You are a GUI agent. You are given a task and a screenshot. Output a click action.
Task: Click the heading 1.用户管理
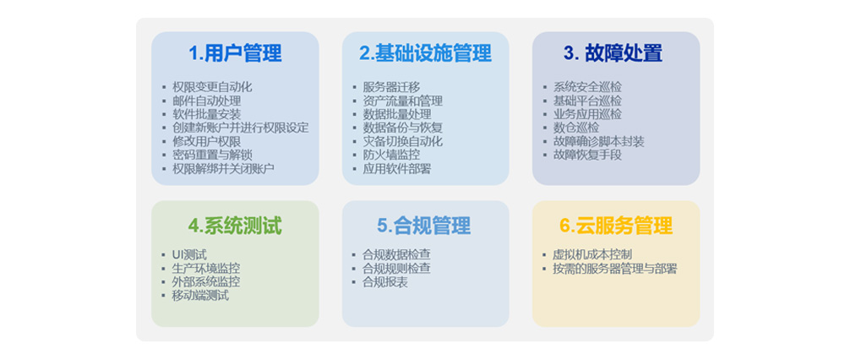(235, 53)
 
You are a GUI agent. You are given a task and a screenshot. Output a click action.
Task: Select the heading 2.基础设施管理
(425, 53)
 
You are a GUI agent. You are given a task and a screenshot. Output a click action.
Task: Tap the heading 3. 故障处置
(613, 53)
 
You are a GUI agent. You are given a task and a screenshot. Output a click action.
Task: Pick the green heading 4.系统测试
(235, 226)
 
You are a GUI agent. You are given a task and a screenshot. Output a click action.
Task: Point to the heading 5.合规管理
(424, 226)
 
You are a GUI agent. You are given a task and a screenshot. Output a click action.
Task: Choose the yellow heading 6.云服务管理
(616, 226)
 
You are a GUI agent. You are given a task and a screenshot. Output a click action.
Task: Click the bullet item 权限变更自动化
(212, 87)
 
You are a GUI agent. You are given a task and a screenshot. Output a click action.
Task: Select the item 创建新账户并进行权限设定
(240, 128)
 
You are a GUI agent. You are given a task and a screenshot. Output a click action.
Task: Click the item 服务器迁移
(391, 87)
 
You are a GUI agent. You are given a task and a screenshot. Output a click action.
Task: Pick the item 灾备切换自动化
(402, 142)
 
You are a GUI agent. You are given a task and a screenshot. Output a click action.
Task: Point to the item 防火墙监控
(391, 155)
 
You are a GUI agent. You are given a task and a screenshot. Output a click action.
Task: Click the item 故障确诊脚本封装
(599, 142)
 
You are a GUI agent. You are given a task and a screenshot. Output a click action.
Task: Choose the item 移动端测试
(200, 295)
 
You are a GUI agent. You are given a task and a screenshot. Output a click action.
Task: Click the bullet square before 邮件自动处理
(164, 101)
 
